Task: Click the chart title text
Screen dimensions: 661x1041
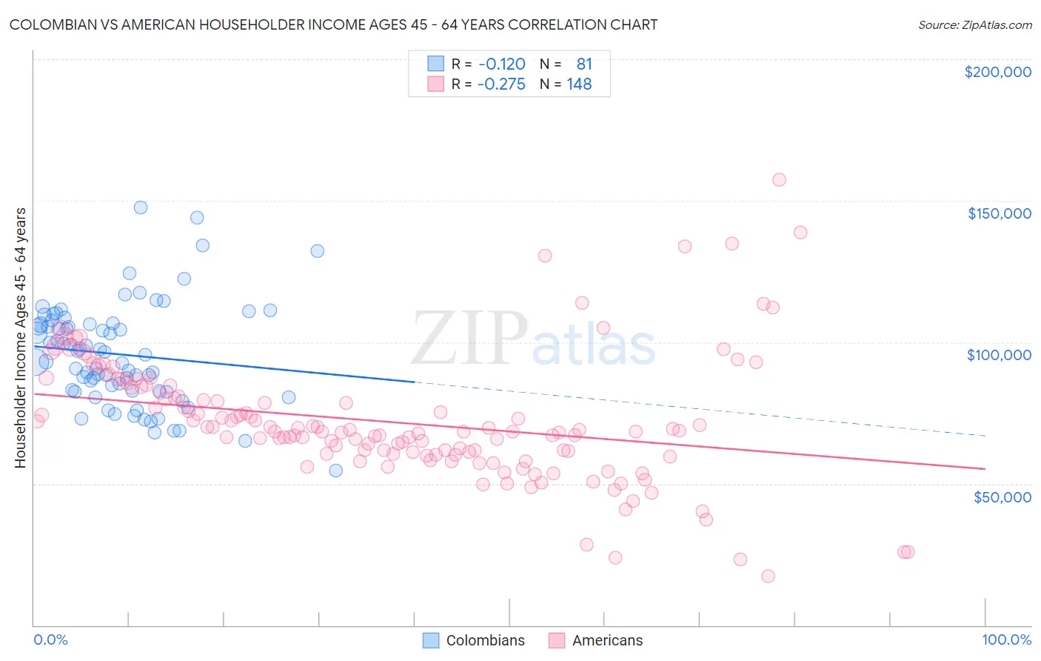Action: pyautogui.click(x=333, y=24)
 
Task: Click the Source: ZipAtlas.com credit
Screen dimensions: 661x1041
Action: pyautogui.click(x=974, y=24)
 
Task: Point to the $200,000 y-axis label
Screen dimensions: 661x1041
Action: pyautogui.click(x=997, y=72)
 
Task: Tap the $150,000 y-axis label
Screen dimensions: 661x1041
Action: pyautogui.click(x=999, y=213)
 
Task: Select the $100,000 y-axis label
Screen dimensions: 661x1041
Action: pyautogui.click(x=999, y=355)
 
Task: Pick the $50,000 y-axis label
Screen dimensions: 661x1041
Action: pyautogui.click(x=1002, y=496)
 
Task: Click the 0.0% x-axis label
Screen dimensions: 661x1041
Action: pyautogui.click(x=50, y=640)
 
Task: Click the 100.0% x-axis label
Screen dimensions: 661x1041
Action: pyautogui.click(x=1006, y=640)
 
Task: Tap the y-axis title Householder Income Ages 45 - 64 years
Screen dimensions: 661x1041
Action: pyautogui.click(x=21, y=338)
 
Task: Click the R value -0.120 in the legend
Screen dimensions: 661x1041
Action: pyautogui.click(x=501, y=64)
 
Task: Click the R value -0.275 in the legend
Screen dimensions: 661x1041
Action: pyautogui.click(x=501, y=84)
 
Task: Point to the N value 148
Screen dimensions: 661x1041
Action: pyautogui.click(x=579, y=84)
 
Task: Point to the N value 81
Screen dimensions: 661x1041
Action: pyautogui.click(x=584, y=64)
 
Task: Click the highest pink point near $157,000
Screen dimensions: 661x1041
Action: pyautogui.click(x=779, y=179)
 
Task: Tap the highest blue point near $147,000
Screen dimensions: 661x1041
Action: pyautogui.click(x=141, y=207)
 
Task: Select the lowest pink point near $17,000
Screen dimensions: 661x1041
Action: pyautogui.click(x=768, y=576)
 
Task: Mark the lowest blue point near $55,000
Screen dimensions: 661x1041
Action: pyautogui.click(x=335, y=471)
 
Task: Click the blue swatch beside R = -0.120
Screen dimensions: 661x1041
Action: pyautogui.click(x=435, y=64)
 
